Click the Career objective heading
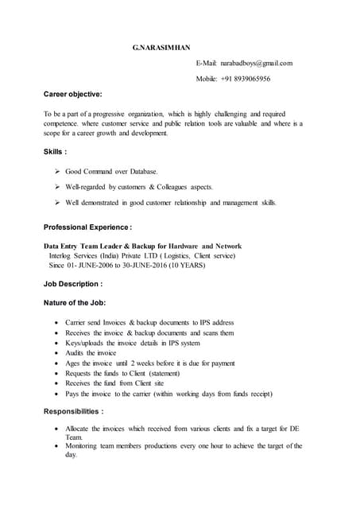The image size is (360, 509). point(73,94)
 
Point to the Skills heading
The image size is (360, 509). point(54,151)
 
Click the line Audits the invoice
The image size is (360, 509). point(91,352)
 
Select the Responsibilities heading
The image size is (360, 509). point(73,412)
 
